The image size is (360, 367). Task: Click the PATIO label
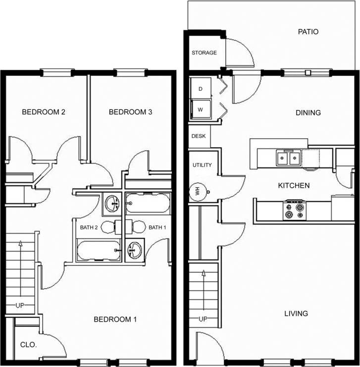(308, 32)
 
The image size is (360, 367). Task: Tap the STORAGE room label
(204, 52)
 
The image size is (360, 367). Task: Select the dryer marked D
(201, 89)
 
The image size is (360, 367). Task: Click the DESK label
(198, 136)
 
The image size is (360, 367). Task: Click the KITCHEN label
(294, 186)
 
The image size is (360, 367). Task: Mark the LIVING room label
(296, 314)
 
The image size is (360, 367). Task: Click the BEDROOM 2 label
(44, 112)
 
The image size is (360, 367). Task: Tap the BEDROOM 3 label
(130, 112)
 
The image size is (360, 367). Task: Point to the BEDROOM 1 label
(115, 319)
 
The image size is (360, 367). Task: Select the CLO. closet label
(28, 344)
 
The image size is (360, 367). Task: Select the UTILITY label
(202, 165)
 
